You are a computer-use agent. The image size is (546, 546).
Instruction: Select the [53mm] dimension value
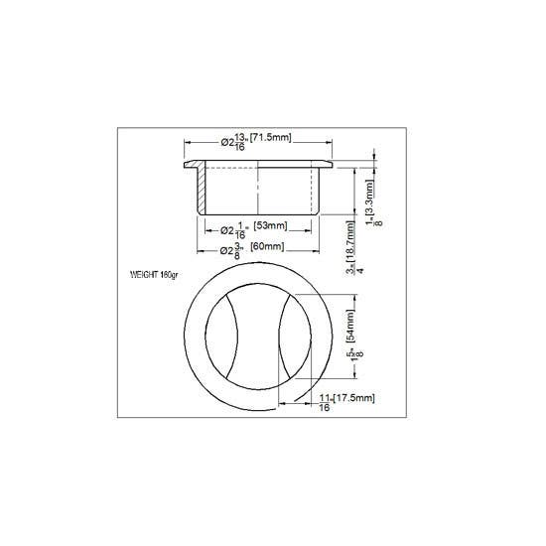(270, 225)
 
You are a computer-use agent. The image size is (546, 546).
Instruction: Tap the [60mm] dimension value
(268, 246)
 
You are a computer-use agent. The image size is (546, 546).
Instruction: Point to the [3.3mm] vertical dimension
(369, 192)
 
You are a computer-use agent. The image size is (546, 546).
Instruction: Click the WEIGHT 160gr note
(153, 273)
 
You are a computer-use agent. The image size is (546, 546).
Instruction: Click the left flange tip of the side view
(186, 164)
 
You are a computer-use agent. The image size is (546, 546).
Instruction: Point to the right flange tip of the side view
(331, 164)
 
